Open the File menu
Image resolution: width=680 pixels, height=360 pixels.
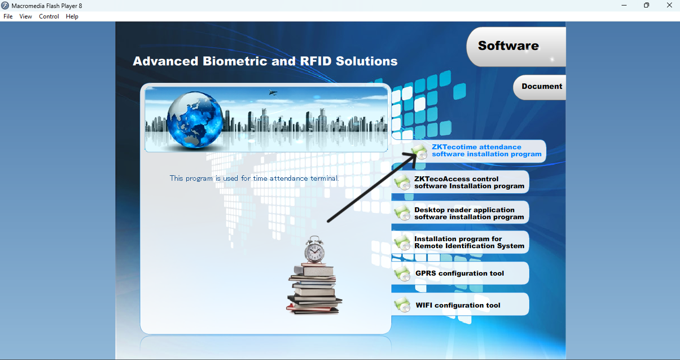pos(8,16)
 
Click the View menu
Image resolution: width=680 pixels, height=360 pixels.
pos(25,16)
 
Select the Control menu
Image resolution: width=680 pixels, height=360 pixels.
pos(49,16)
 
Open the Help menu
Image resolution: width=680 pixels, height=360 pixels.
pos(72,16)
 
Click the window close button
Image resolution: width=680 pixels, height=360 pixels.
pos(669,5)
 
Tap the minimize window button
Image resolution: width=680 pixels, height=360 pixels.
pos(624,5)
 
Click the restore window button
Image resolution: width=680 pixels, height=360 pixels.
pos(647,5)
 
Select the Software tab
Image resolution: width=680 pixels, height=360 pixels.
pos(508,46)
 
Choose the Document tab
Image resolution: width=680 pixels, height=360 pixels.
pos(542,86)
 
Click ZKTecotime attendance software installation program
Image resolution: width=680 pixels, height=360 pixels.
pos(486,151)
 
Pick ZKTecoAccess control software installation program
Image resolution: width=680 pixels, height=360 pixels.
pos(469,182)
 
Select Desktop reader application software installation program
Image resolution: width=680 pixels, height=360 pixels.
pos(469,213)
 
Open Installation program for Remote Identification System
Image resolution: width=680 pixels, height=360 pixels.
pos(469,242)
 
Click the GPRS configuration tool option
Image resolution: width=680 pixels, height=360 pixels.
pos(459,273)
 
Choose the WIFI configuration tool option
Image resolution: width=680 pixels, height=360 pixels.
pos(458,305)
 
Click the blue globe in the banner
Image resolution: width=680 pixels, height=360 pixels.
pos(195,119)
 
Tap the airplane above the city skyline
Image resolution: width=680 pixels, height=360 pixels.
pos(273,92)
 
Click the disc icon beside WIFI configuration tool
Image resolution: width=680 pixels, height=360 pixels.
pos(402,305)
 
